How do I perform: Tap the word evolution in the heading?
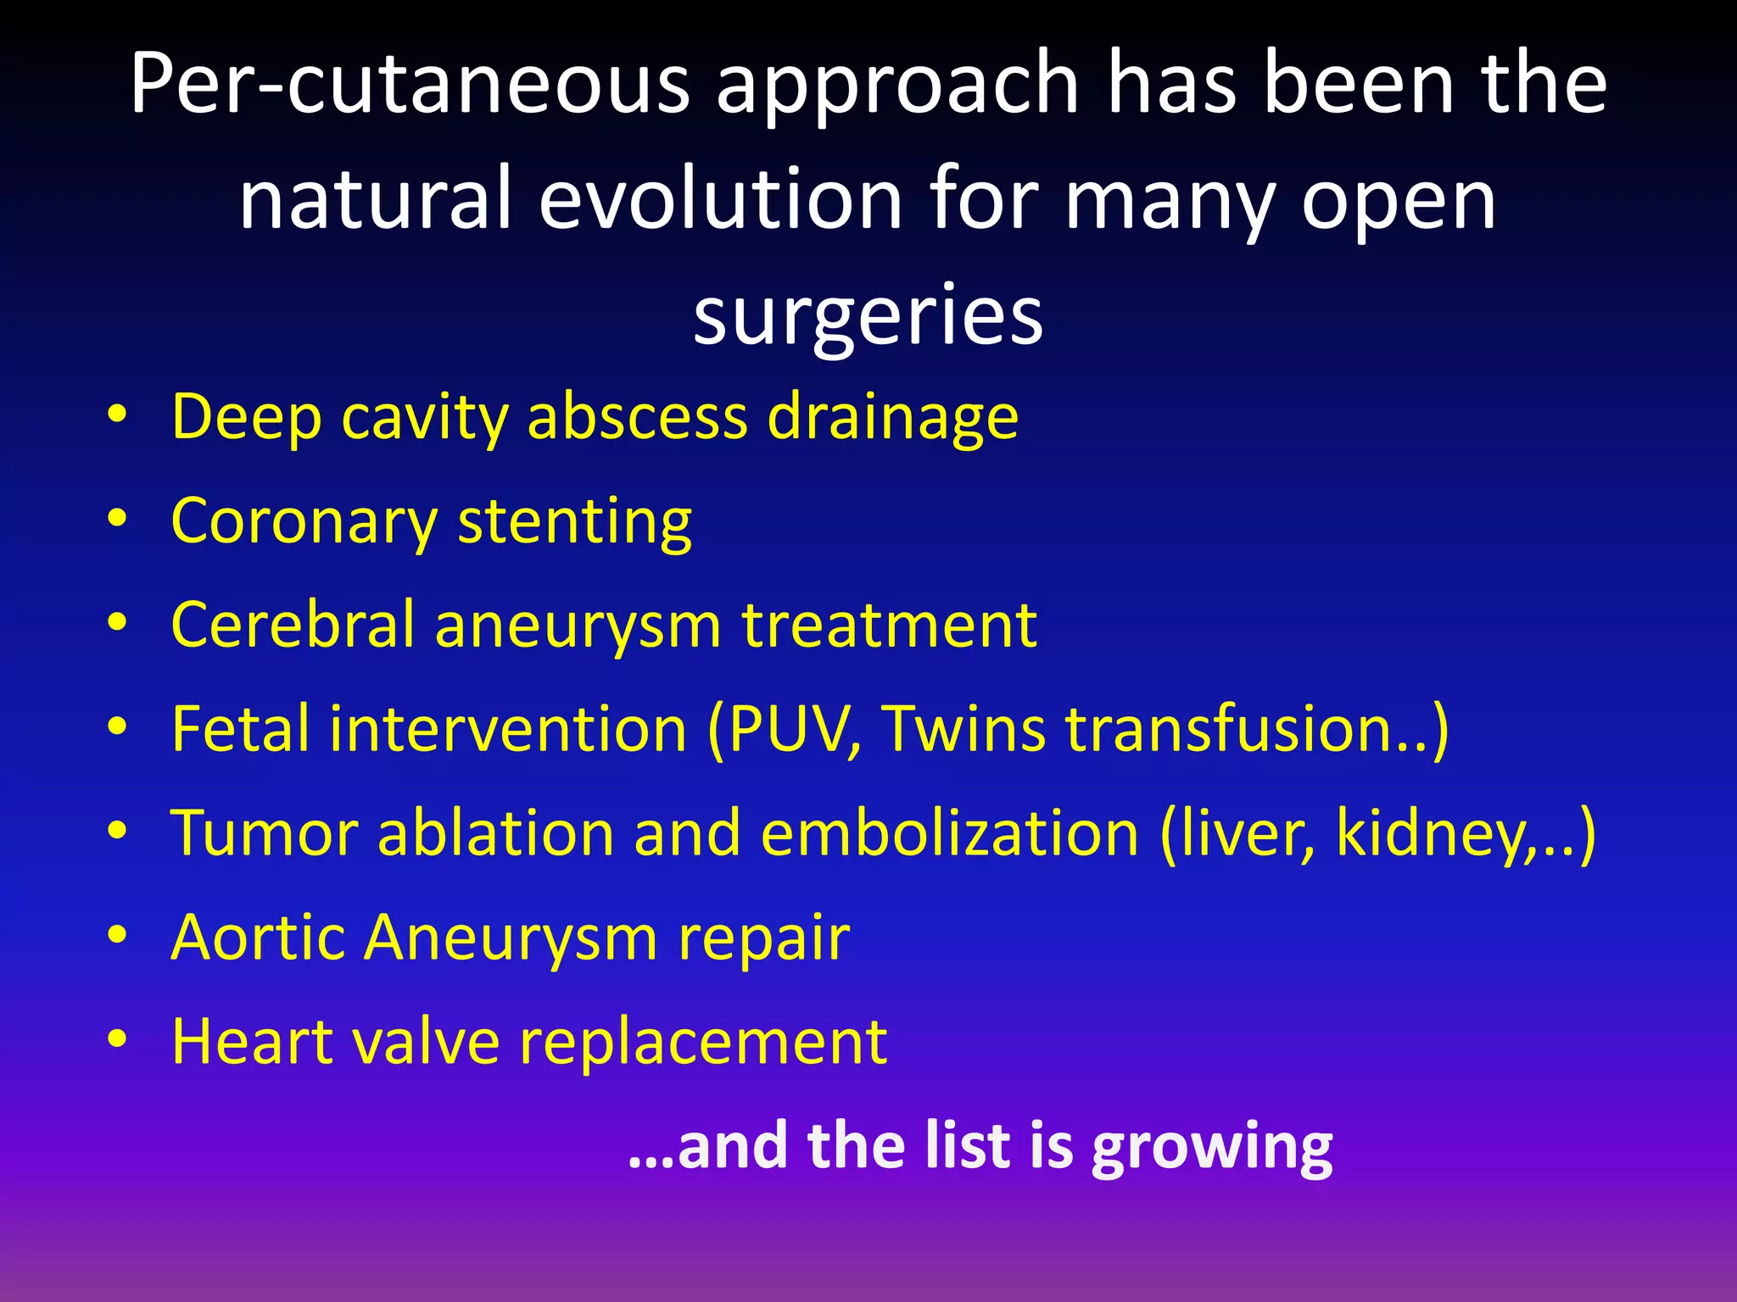(x=721, y=200)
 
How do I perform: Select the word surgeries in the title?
(x=868, y=315)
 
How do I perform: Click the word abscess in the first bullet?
(x=638, y=417)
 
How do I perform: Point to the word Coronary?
(x=304, y=522)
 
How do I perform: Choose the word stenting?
(x=575, y=522)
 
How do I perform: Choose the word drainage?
(x=892, y=419)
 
